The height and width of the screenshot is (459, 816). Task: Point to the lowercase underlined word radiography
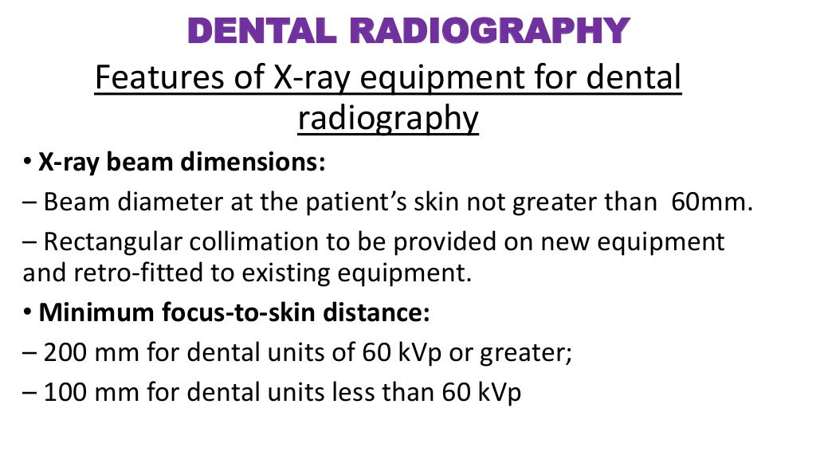pos(388,119)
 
